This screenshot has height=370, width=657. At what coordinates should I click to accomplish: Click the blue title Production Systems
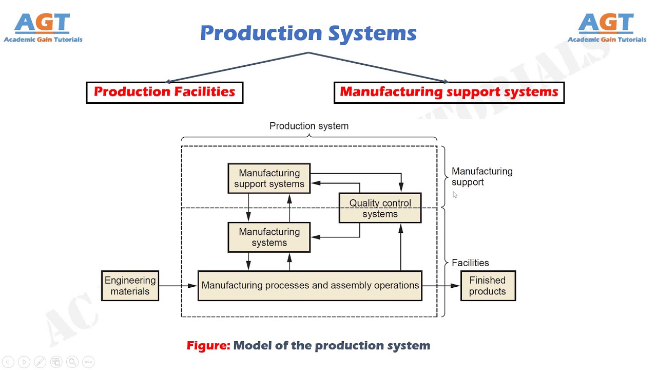pyautogui.click(x=308, y=33)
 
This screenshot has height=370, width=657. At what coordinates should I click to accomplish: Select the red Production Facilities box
pyautogui.click(x=164, y=92)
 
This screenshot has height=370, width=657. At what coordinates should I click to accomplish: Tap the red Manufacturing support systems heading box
pyautogui.click(x=449, y=92)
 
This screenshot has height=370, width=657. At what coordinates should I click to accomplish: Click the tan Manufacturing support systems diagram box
pyautogui.click(x=269, y=178)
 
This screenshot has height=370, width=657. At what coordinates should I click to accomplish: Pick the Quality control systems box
pyautogui.click(x=380, y=208)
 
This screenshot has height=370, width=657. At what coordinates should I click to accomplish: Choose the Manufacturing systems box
pyautogui.click(x=269, y=237)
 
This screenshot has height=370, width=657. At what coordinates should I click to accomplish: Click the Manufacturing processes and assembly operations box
pyautogui.click(x=310, y=286)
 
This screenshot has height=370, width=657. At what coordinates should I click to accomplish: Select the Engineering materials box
pyautogui.click(x=130, y=286)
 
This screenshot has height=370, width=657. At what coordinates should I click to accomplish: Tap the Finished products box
pyautogui.click(x=488, y=286)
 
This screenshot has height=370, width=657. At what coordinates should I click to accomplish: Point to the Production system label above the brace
pyautogui.click(x=308, y=126)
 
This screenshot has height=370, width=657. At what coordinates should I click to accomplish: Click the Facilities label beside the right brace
pyautogui.click(x=470, y=263)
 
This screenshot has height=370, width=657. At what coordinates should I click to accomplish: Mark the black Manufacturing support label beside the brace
pyautogui.click(x=481, y=176)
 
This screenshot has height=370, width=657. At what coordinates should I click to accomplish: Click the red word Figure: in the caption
pyautogui.click(x=208, y=346)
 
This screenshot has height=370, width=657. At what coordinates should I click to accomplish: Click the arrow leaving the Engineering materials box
pyautogui.click(x=177, y=286)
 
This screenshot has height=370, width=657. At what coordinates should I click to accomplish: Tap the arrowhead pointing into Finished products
pyautogui.click(x=455, y=286)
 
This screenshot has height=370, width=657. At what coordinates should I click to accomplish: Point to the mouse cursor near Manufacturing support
pyautogui.click(x=455, y=195)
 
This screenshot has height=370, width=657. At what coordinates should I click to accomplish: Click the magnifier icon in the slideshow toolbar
pyautogui.click(x=72, y=362)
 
